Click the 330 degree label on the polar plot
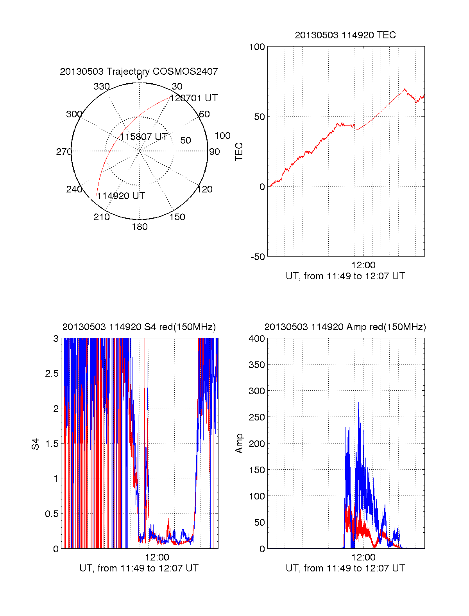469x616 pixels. (x=101, y=86)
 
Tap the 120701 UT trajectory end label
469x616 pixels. (x=193, y=98)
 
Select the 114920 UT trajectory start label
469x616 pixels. (x=121, y=196)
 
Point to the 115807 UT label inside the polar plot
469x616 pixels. (x=143, y=137)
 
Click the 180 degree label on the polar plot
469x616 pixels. (x=140, y=227)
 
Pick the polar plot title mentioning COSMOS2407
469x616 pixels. (x=139, y=72)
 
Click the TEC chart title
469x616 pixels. (x=345, y=35)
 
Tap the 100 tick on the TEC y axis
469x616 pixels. (x=257, y=47)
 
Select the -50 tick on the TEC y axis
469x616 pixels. (x=258, y=257)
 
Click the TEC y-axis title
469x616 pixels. (x=239, y=152)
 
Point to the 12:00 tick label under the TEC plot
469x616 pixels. (x=363, y=265)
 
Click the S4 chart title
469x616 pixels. (x=139, y=327)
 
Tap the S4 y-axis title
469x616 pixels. (x=36, y=444)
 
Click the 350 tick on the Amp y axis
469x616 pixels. (x=257, y=365)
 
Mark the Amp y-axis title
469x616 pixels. (x=239, y=443)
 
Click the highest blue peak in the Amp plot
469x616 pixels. (x=358, y=403)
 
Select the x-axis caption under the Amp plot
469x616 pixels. (x=345, y=568)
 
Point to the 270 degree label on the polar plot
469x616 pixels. (x=64, y=152)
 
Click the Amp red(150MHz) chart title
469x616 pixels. (x=345, y=327)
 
